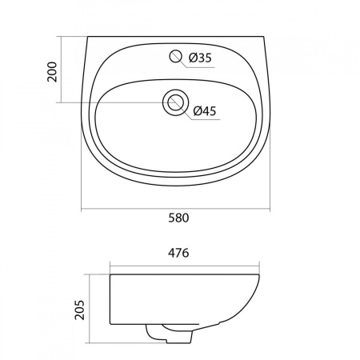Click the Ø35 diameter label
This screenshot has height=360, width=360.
200,58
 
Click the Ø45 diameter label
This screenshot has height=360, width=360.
205,111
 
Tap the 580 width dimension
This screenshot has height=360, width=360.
178,218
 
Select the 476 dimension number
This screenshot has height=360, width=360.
178,253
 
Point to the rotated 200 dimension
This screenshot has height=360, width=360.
52,71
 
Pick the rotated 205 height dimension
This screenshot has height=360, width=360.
79,310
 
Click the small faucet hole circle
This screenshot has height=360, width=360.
175,56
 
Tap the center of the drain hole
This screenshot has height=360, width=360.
176,102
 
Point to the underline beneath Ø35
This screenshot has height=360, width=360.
201,67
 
